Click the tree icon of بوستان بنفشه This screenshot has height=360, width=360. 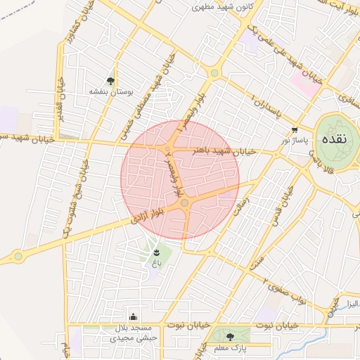pyautogui.click(x=110, y=81)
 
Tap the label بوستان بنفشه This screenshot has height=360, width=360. pyautogui.click(x=111, y=91)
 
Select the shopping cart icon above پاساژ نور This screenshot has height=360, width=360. pyautogui.click(x=295, y=130)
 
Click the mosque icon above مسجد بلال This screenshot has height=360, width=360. pyautogui.click(x=134, y=317)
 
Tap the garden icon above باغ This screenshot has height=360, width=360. pyautogui.click(x=157, y=252)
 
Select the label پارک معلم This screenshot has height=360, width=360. pyautogui.click(x=231, y=348)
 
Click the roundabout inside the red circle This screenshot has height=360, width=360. pyautogui.click(x=184, y=203)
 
